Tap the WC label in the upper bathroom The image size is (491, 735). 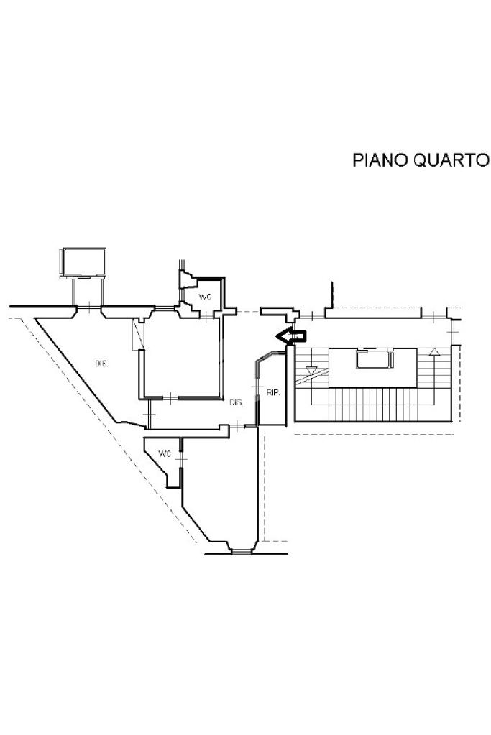(204, 297)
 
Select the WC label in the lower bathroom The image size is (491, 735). (165, 454)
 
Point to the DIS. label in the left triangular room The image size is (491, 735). (101, 364)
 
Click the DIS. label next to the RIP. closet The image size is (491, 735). (237, 402)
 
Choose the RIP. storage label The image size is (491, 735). (273, 392)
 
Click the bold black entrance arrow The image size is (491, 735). (292, 335)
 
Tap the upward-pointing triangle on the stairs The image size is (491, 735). (433, 352)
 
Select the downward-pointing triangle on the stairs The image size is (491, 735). (312, 371)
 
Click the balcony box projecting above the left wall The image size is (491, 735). (85, 262)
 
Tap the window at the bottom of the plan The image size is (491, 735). (242, 551)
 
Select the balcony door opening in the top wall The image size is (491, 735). (89, 310)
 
